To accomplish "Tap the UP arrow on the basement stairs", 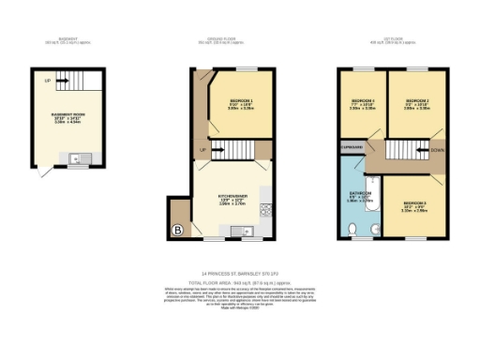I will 47,82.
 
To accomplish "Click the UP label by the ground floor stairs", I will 202,150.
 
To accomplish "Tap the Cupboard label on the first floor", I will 352,146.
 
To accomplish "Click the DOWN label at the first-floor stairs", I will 437,149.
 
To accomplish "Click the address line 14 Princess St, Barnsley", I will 239,273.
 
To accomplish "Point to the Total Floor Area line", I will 239,282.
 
